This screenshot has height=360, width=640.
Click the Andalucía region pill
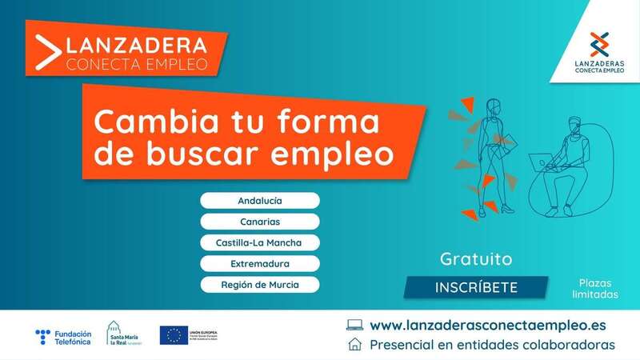click(x=260, y=200)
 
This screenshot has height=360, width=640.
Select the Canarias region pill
click(x=260, y=221)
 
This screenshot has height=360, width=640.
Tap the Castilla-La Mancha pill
click(x=260, y=242)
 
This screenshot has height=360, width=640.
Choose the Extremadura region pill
click(x=260, y=263)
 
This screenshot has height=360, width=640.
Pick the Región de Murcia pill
click(x=260, y=284)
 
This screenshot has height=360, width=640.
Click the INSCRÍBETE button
click(x=476, y=287)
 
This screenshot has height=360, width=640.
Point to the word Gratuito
click(x=476, y=259)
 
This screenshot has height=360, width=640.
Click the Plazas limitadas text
click(x=595, y=288)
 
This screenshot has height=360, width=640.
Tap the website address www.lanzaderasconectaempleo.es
click(x=488, y=326)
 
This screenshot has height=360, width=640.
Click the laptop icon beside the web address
click(x=354, y=326)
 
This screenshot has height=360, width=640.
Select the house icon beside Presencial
click(x=354, y=345)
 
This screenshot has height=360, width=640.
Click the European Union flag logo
click(x=174, y=334)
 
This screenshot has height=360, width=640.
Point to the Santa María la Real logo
click(x=123, y=335)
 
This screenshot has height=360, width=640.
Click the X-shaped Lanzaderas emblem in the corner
click(x=599, y=43)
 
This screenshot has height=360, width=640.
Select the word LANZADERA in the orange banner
click(x=137, y=44)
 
